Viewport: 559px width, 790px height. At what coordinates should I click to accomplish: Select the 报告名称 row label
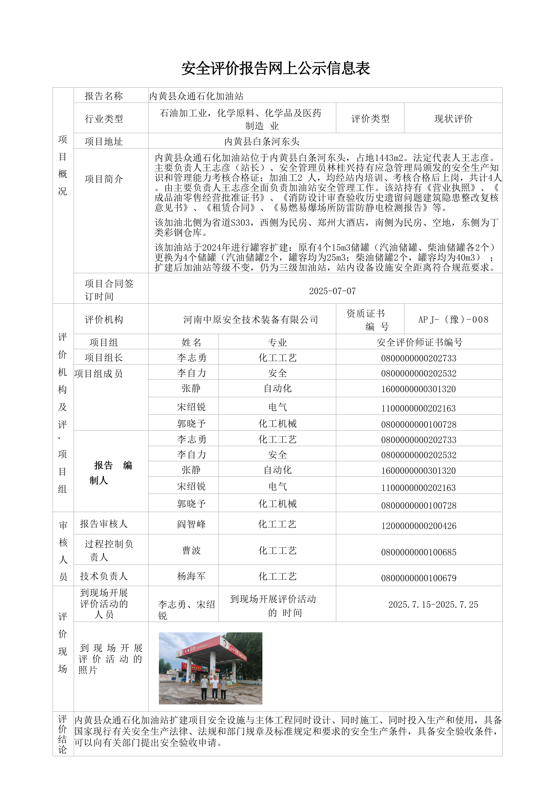click(x=104, y=96)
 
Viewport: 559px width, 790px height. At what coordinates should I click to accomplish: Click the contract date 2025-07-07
click(x=332, y=291)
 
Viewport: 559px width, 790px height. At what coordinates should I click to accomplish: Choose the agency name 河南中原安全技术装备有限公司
click(x=251, y=320)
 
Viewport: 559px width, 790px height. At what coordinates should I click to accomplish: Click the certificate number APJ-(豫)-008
click(x=453, y=320)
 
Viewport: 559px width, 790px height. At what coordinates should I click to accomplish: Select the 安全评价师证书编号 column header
click(x=419, y=342)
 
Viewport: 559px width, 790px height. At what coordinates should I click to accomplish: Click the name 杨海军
click(x=191, y=576)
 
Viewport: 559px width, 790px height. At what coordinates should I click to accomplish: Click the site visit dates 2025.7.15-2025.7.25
click(x=433, y=605)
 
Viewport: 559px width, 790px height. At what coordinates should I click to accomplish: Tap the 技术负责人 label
click(x=104, y=576)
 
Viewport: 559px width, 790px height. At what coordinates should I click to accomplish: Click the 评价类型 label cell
click(x=370, y=119)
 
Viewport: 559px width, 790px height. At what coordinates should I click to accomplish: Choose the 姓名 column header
click(x=191, y=342)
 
